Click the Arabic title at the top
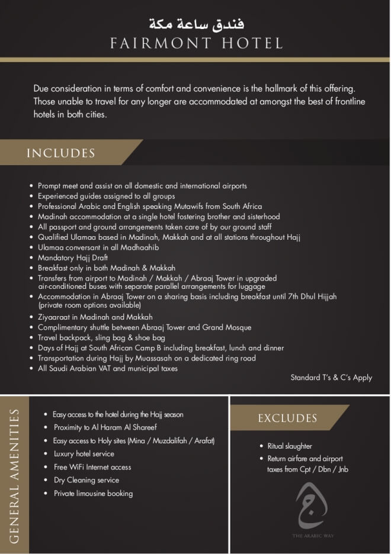pyautogui.click(x=195, y=24)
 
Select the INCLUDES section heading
pyautogui.click(x=60, y=153)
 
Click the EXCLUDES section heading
pyautogui.click(x=287, y=418)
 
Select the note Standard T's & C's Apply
pyautogui.click(x=331, y=377)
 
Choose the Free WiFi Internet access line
pyautogui.click(x=92, y=467)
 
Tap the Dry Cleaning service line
pyautogui.click(x=86, y=480)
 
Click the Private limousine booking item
pyautogui.click(x=93, y=493)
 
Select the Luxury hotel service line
pyautogui.click(x=84, y=454)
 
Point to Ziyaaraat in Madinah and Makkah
pyautogui.click(x=95, y=317)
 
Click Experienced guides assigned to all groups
pyautogui.click(x=106, y=196)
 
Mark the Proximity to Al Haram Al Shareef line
pyautogui.click(x=105, y=427)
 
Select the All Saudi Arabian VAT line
pyautogui.click(x=107, y=368)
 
